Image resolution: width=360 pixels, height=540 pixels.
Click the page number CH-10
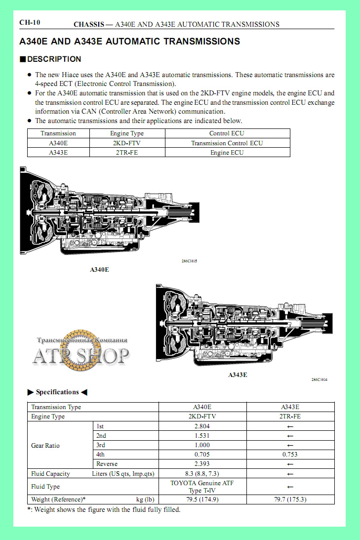point(30,23)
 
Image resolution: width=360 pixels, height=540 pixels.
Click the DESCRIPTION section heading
point(54,59)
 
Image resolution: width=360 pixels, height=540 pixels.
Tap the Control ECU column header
point(227,133)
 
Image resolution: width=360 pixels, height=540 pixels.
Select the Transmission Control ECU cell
point(227,143)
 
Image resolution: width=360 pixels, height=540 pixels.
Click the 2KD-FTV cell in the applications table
point(127,143)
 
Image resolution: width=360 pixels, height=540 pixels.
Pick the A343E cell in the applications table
point(58,153)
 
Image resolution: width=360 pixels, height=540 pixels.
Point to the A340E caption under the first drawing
point(99,270)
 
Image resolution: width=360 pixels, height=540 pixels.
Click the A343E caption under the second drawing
point(238,374)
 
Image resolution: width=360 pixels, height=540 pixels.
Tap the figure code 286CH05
point(189,261)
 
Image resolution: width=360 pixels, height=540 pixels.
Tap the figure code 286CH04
point(320,379)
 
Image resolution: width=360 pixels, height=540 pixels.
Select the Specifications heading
point(57,392)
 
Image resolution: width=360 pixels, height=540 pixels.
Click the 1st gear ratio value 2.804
point(202,426)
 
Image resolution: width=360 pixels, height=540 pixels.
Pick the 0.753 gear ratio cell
point(290,455)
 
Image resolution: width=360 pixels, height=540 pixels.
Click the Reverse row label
point(107,464)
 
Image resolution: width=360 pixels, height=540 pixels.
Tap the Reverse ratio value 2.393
point(202,464)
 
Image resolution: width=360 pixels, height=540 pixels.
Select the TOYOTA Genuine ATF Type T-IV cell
point(202,487)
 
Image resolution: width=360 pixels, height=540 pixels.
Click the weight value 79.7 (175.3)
point(290,499)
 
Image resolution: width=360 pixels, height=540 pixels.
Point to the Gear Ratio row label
point(45,445)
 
